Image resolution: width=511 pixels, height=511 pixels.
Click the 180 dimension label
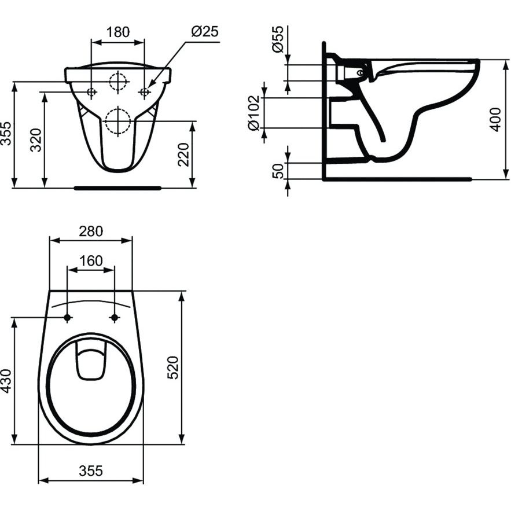coord(118,32)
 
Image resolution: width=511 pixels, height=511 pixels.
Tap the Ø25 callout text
coord(205,32)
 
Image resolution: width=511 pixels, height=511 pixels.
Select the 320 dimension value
coord(36,140)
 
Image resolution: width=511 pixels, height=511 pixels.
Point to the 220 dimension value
coord(183,155)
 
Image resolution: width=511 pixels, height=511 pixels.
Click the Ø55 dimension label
coord(278,39)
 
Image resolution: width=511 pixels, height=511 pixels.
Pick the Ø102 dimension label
coord(254,113)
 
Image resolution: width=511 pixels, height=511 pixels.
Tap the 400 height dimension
coord(496,120)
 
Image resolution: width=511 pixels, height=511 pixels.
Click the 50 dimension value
coord(278,171)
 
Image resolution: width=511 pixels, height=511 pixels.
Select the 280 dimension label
coord(91,231)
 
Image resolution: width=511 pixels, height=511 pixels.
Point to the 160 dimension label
coord(91,261)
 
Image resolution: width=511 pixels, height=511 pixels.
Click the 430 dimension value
coord(6,380)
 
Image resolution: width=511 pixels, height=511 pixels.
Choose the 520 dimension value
coord(173,367)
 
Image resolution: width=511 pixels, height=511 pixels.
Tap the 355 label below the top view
coord(91,470)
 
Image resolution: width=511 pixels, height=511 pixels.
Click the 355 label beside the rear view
coord(6,133)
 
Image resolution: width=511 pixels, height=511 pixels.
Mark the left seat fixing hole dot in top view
coord(68,317)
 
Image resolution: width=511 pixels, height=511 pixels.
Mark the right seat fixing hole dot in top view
coord(115,317)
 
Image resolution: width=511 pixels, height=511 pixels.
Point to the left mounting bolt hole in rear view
coord(91,92)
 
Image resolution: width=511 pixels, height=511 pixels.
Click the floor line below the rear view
coord(117,188)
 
